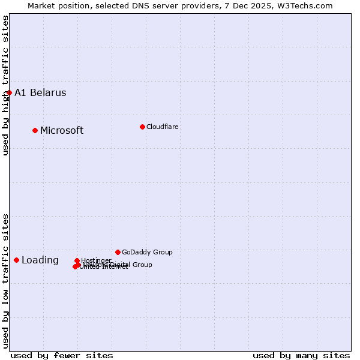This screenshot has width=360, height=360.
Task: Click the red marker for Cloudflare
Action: [x=142, y=127]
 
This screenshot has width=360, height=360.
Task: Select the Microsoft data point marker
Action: [x=35, y=130]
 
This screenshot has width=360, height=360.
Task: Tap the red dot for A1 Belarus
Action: [x=10, y=92]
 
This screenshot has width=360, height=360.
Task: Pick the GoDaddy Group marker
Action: [x=118, y=252]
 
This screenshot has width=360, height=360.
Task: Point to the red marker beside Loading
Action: [x=17, y=260]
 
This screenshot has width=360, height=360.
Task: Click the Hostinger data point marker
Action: [x=77, y=260]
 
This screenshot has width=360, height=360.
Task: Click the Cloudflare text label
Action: [x=163, y=127]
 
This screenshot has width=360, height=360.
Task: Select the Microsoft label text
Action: [x=62, y=130]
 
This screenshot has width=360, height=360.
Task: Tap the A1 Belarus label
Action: [x=40, y=92]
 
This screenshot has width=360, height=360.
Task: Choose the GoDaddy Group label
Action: [x=147, y=252]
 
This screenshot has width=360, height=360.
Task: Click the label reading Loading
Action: [x=40, y=260]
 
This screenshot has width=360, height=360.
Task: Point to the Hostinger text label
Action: [x=96, y=260]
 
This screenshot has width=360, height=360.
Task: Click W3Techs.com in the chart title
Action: [x=305, y=5]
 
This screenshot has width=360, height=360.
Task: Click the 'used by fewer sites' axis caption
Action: [x=62, y=355]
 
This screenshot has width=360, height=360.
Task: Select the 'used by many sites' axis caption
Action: [x=301, y=355]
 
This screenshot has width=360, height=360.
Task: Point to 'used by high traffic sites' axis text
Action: [x=5, y=85]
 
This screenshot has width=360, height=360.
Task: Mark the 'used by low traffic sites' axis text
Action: [x=5, y=280]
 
